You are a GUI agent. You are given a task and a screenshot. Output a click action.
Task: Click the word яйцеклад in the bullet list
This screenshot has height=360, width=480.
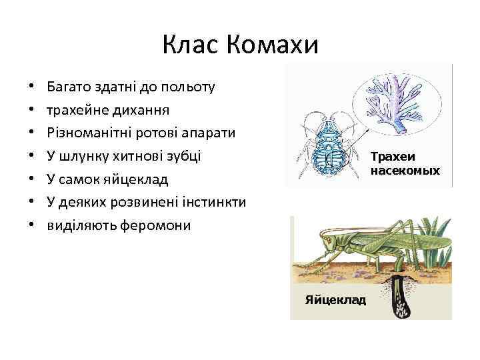[140, 179]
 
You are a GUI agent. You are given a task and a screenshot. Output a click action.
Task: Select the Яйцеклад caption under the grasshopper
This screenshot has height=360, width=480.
[335, 300]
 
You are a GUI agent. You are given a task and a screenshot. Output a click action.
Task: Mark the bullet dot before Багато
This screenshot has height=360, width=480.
[31, 87]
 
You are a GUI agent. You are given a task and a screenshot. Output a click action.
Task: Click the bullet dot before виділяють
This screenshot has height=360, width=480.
[31, 225]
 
